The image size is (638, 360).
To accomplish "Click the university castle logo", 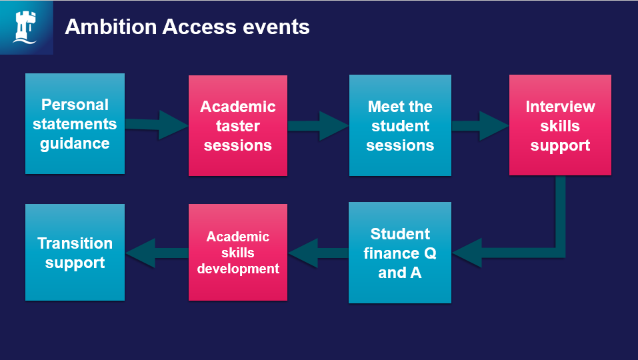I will pyautogui.click(x=26, y=27).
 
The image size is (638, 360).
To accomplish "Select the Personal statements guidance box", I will pyautogui.click(x=75, y=124).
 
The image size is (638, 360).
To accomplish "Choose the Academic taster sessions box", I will pyautogui.click(x=238, y=126).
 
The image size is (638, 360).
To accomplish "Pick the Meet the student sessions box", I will pyautogui.click(x=400, y=126).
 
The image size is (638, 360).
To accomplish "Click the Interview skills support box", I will pyautogui.click(x=560, y=126).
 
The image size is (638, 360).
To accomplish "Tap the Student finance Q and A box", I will pyautogui.click(x=400, y=253).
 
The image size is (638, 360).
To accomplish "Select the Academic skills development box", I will pyautogui.click(x=238, y=253).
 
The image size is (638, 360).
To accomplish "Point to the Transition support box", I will pyautogui.click(x=75, y=253).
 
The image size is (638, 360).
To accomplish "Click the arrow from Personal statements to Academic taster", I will pyautogui.click(x=157, y=125).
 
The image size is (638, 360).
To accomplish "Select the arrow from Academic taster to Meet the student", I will pyautogui.click(x=319, y=125).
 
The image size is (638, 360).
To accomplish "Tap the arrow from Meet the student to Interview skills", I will pyautogui.click(x=480, y=125).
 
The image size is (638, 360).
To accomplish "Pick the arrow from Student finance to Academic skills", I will pyautogui.click(x=319, y=253).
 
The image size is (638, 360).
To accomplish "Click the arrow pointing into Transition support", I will pyautogui.click(x=157, y=253).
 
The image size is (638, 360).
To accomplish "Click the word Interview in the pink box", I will pyautogui.click(x=560, y=107).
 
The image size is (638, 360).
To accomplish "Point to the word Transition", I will pyautogui.click(x=75, y=243).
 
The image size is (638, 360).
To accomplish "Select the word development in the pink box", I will pyautogui.click(x=238, y=269).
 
